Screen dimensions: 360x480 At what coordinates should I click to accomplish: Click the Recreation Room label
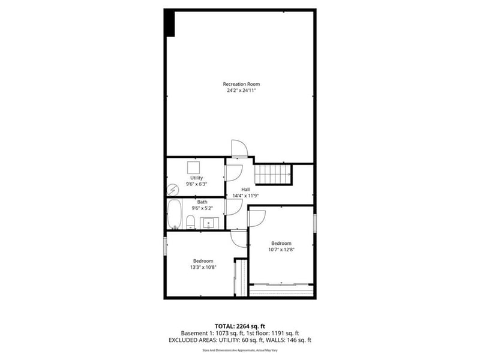click(241, 83)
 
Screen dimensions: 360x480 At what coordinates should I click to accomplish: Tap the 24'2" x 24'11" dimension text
click(241, 91)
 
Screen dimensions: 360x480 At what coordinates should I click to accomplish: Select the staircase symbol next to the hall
click(273, 175)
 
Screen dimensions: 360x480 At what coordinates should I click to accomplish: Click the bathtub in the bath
click(175, 215)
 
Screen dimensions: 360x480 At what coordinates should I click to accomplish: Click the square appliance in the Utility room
click(194, 167)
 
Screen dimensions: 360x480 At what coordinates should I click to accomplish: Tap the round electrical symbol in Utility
click(172, 189)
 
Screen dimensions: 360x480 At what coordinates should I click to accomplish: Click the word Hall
click(245, 189)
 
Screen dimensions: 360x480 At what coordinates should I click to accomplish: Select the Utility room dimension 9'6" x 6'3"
click(196, 185)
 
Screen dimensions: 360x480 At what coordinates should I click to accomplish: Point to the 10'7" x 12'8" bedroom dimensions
click(281, 250)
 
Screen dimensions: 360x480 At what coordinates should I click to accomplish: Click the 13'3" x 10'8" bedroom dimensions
click(203, 267)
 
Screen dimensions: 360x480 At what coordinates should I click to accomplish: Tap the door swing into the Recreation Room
click(238, 149)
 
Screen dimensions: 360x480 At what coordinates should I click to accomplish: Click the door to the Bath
click(234, 208)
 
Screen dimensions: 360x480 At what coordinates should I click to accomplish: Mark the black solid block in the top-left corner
click(170, 23)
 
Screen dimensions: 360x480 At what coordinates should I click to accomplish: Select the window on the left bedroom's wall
click(166, 246)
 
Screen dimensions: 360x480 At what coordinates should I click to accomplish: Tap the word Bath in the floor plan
click(202, 202)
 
